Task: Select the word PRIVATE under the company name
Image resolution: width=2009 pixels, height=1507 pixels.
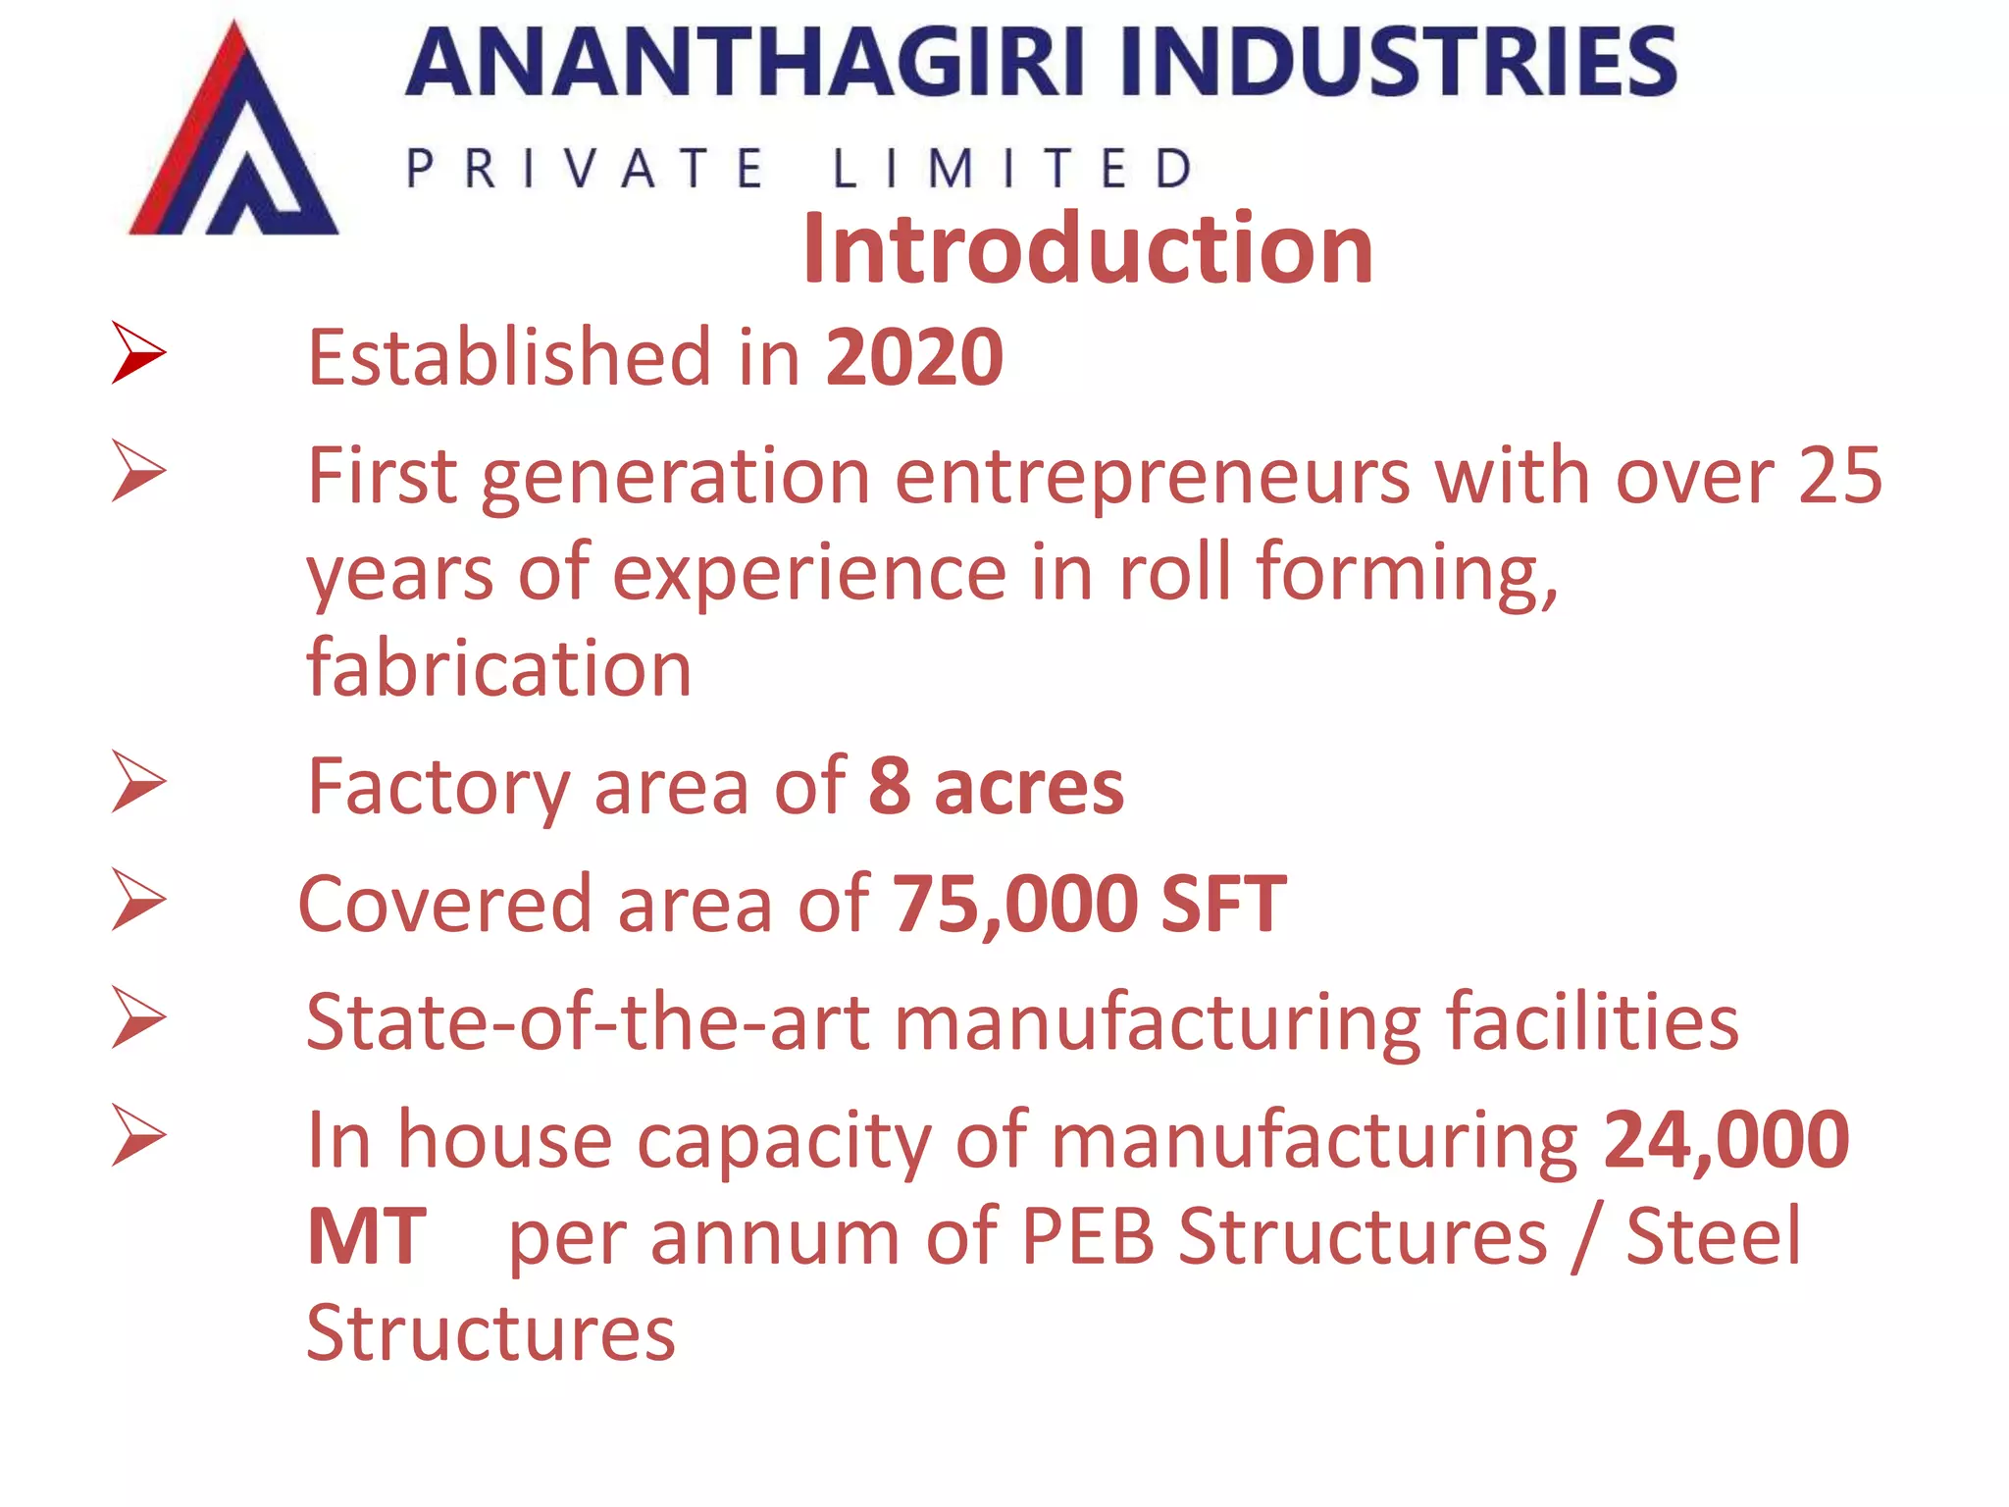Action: click(x=585, y=169)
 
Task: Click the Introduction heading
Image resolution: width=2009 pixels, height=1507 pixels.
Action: click(x=1087, y=249)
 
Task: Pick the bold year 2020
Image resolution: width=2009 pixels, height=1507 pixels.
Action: click(x=914, y=357)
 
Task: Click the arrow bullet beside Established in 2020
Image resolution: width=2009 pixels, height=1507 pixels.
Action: click(x=138, y=352)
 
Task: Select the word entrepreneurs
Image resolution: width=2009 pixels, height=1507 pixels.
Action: click(x=1152, y=477)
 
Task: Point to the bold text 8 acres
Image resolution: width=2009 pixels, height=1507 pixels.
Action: click(x=996, y=787)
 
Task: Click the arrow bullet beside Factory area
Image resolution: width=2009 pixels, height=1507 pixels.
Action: click(x=138, y=782)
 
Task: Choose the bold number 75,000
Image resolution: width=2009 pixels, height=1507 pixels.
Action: click(x=1014, y=905)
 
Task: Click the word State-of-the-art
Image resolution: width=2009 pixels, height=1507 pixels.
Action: click(x=588, y=1022)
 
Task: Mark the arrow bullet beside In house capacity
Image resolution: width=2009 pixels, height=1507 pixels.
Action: click(x=138, y=1135)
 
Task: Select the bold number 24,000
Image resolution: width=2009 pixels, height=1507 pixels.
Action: click(x=1726, y=1140)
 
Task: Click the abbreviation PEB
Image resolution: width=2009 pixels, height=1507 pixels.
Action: click(x=1088, y=1236)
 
